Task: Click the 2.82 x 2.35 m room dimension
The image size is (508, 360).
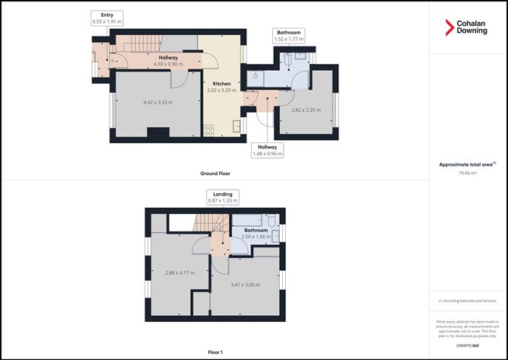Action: [x=307, y=110]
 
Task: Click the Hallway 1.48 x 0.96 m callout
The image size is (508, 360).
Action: [x=268, y=150]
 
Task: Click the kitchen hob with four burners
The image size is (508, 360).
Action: [x=208, y=129]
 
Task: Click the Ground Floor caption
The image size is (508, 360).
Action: [x=215, y=174]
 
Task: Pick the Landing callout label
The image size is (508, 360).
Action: [x=223, y=197]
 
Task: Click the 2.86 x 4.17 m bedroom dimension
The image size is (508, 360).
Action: [x=179, y=272]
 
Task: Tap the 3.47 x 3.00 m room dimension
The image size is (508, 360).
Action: [x=245, y=285]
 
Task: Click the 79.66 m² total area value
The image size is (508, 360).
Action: [x=468, y=174]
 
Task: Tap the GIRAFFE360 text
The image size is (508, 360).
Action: [x=468, y=346]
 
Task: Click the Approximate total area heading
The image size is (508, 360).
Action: [x=467, y=164]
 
